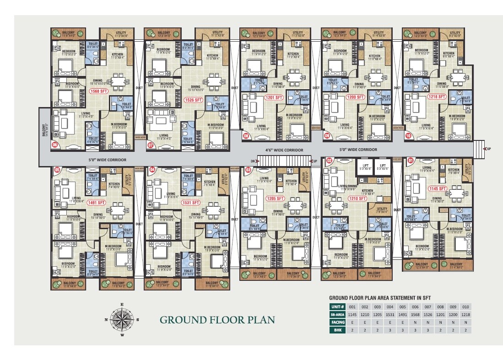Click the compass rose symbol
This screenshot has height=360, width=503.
(122, 319)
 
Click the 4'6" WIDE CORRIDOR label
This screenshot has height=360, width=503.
(284, 150)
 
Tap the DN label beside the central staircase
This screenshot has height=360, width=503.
(253, 161)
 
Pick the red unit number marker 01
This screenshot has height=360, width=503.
(411, 160)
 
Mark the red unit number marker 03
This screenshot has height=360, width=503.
(248, 170)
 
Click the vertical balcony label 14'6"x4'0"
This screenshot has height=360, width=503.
(44, 130)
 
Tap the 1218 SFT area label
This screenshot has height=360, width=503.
(437, 97)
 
